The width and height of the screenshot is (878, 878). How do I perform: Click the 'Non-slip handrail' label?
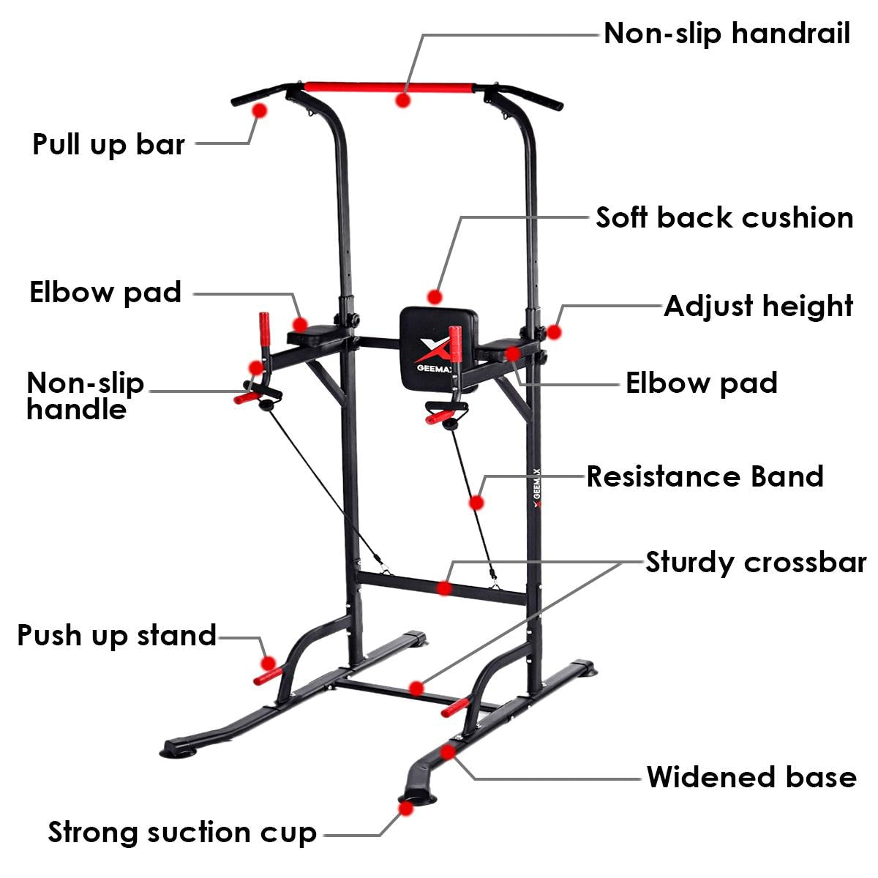pyautogui.click(x=727, y=34)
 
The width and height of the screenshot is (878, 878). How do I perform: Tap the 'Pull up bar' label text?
pyautogui.click(x=108, y=144)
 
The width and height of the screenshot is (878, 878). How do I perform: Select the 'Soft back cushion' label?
pyautogui.click(x=724, y=218)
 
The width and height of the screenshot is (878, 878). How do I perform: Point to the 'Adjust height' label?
pyautogui.click(x=758, y=307)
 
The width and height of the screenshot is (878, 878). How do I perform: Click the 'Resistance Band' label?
pyautogui.click(x=705, y=476)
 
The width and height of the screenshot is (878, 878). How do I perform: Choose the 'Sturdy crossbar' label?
pyautogui.click(x=755, y=563)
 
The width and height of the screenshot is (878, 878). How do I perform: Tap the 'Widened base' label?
pyautogui.click(x=751, y=777)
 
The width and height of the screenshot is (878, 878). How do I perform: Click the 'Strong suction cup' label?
pyautogui.click(x=182, y=833)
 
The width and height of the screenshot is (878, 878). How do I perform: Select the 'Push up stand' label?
pyautogui.click(x=116, y=635)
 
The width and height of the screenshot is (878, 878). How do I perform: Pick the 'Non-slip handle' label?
pyautogui.click(x=85, y=396)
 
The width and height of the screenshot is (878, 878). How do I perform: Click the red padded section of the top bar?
pyautogui.click(x=389, y=87)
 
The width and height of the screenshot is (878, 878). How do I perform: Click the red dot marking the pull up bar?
pyautogui.click(x=259, y=110)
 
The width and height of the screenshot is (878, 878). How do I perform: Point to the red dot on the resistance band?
pyautogui.click(x=476, y=503)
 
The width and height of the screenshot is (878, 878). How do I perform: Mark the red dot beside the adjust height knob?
pyautogui.click(x=554, y=331)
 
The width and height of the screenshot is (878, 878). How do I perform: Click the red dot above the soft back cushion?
pyautogui.click(x=435, y=297)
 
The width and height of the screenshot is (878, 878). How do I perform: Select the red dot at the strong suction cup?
pyautogui.click(x=404, y=807)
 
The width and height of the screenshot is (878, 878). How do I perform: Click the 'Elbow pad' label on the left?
pyautogui.click(x=105, y=292)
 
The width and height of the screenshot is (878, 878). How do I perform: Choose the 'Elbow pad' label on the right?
pyautogui.click(x=701, y=383)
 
